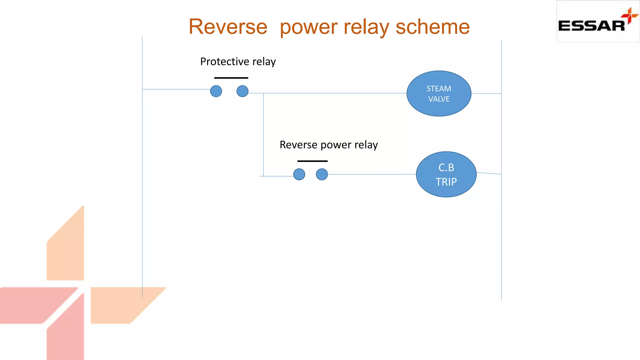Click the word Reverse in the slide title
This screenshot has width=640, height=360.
[228, 27]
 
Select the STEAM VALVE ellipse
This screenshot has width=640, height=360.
[439, 93]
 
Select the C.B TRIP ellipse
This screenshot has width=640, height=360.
[446, 174]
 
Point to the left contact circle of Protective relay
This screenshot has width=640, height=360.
[216, 91]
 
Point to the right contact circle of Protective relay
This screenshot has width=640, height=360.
[242, 91]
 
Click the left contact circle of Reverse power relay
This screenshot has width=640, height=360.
[299, 174]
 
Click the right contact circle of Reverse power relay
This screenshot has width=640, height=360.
[322, 174]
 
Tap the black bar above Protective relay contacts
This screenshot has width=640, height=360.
[231, 78]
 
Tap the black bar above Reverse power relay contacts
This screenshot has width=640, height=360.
[312, 161]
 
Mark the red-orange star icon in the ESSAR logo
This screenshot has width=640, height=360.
[629, 15]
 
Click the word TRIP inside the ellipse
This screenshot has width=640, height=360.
[446, 182]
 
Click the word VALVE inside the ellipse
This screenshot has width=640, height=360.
[439, 99]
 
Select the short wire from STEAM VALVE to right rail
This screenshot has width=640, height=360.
[486, 93]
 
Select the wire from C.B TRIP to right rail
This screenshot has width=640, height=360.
[489, 173]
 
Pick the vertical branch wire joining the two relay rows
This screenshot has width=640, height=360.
[263, 134]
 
